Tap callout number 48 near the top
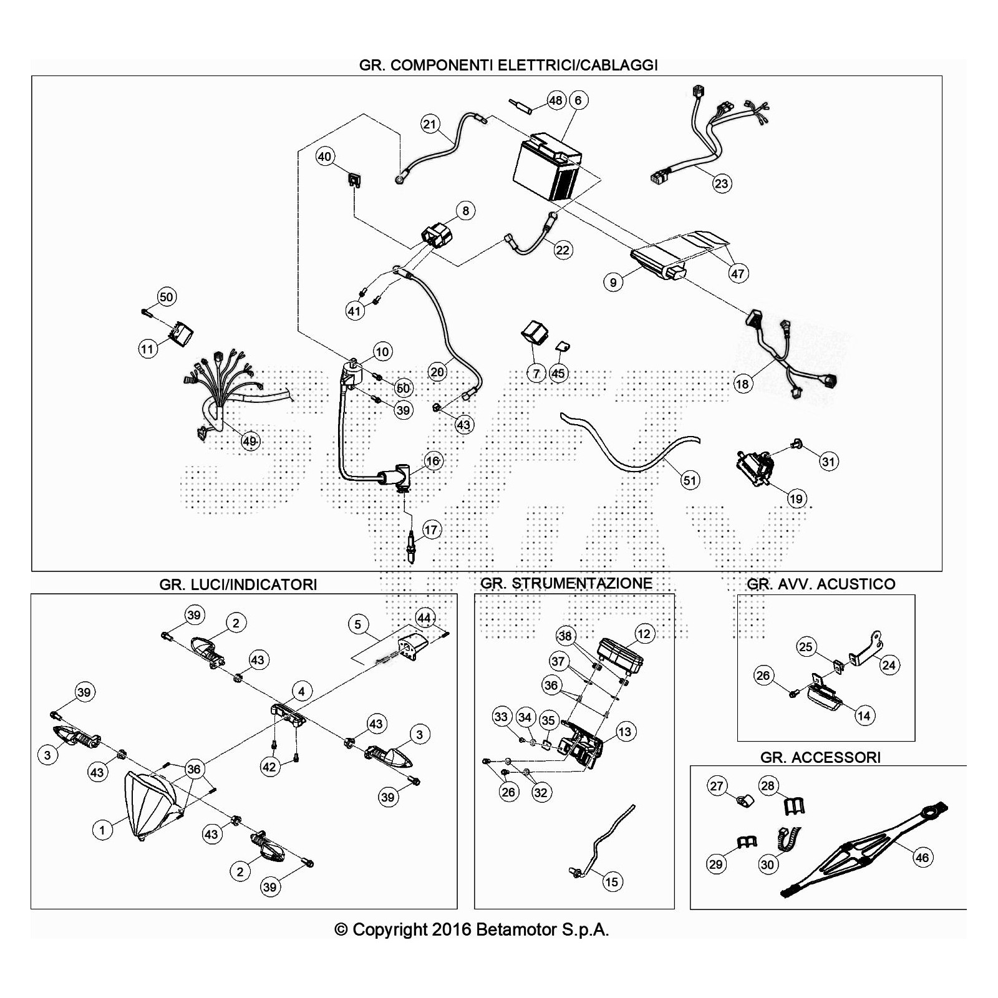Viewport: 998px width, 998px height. point(555,100)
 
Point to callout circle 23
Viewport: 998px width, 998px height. point(721,183)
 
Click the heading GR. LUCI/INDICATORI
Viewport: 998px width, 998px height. point(238,584)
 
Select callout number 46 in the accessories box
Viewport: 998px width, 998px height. point(921,857)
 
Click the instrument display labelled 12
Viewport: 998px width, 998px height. point(620,654)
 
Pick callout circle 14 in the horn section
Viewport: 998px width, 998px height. point(863,715)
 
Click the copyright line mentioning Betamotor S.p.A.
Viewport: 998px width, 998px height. point(472,929)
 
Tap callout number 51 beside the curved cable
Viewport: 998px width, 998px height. point(689,480)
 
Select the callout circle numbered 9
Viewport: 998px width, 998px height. point(613,283)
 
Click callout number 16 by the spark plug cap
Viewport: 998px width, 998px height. point(433,461)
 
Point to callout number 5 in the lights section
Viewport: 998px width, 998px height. point(357,624)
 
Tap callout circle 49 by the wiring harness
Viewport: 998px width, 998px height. point(249,441)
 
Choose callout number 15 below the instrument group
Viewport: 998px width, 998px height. point(611,881)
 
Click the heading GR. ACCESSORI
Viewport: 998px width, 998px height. point(820,757)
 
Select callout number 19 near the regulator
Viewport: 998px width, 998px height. point(796,498)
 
